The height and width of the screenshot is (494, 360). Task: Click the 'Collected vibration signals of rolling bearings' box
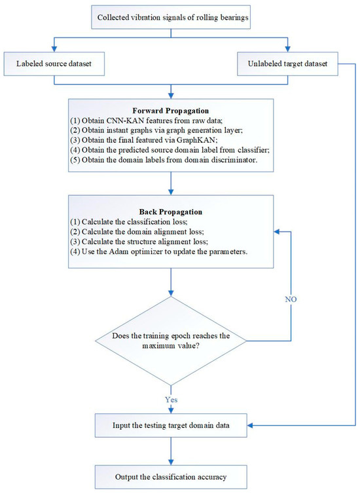pyautogui.click(x=172, y=17)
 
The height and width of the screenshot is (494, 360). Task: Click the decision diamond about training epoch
pyautogui.click(x=171, y=340)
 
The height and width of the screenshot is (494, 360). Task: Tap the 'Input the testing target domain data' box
pyautogui.click(x=171, y=427)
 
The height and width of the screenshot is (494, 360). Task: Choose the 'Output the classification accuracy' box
pyautogui.click(x=171, y=473)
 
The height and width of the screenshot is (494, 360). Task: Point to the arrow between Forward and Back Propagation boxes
pyautogui.click(x=171, y=183)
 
